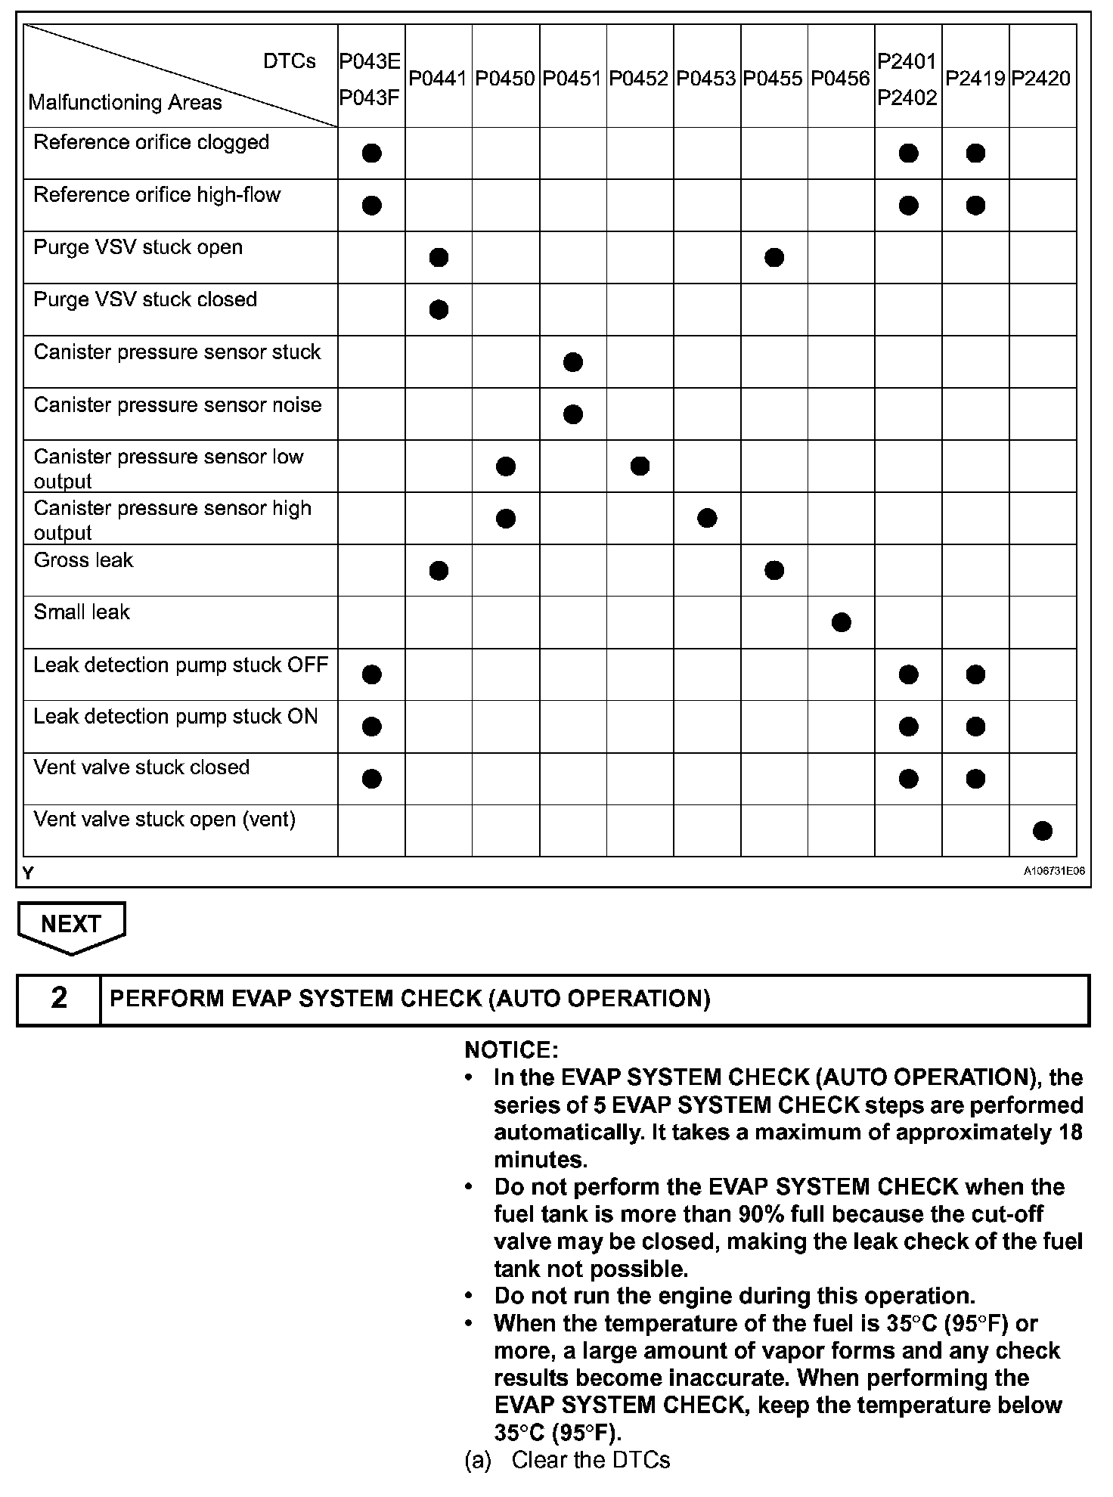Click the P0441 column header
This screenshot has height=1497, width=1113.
pyautogui.click(x=438, y=79)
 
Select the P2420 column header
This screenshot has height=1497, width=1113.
pyautogui.click(x=1041, y=79)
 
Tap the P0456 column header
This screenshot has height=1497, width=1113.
pyautogui.click(x=840, y=79)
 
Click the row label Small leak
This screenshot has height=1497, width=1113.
pyautogui.click(x=82, y=612)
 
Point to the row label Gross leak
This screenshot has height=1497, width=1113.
pyautogui.click(x=83, y=560)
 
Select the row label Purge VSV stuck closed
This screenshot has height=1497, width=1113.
pyautogui.click(x=145, y=299)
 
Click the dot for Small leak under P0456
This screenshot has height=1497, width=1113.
pyautogui.click(x=841, y=622)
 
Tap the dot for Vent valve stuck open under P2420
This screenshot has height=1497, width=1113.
pyautogui.click(x=1042, y=831)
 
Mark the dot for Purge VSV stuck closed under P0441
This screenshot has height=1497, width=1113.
pyautogui.click(x=439, y=309)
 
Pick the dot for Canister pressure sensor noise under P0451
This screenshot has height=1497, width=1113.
pyautogui.click(x=573, y=414)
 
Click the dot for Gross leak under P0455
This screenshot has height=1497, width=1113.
pyautogui.click(x=774, y=570)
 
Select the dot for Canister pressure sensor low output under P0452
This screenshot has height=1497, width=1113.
pyautogui.click(x=640, y=466)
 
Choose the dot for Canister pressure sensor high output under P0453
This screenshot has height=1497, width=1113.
pyautogui.click(x=707, y=518)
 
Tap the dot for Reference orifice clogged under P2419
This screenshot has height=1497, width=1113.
pyautogui.click(x=975, y=153)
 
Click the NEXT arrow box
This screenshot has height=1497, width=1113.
pyautogui.click(x=71, y=925)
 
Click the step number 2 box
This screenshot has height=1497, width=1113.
pyautogui.click(x=59, y=999)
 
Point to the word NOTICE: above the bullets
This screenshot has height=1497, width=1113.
pyautogui.click(x=511, y=1050)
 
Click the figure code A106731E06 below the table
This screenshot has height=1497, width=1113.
pyautogui.click(x=1054, y=871)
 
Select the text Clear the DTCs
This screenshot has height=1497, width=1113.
pyautogui.click(x=591, y=1460)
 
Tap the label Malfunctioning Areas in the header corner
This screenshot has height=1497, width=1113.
pyautogui.click(x=125, y=103)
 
